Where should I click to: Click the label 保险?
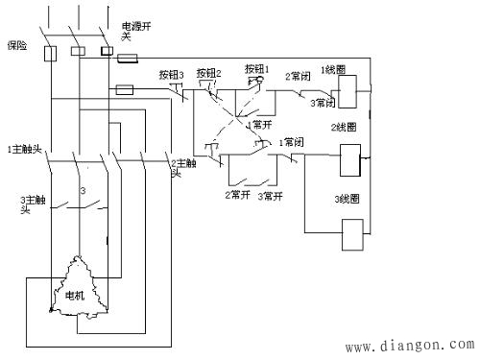(18, 44)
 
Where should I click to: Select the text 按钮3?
(171, 74)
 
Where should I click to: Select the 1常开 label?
(261, 125)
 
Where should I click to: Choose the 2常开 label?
(238, 195)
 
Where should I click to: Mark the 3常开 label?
(271, 195)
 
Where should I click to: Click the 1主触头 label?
(22, 149)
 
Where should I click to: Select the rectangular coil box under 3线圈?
(353, 235)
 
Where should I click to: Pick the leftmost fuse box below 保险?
(53, 53)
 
